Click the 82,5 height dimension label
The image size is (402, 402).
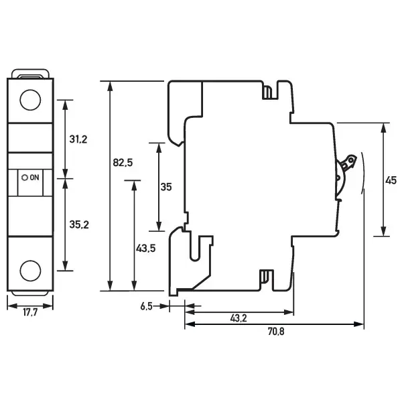coord(123,163)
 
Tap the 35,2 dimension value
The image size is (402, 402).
coord(80,224)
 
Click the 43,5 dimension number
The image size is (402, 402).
coord(146,248)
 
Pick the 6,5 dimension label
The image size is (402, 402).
coord(147,306)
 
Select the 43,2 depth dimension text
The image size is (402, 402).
coord(239,318)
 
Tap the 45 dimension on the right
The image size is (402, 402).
coord(392,180)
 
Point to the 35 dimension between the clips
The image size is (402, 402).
coord(167,187)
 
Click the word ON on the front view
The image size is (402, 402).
coord(36,178)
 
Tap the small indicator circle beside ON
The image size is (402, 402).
coord(25,178)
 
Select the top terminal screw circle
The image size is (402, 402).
coord(30,100)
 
